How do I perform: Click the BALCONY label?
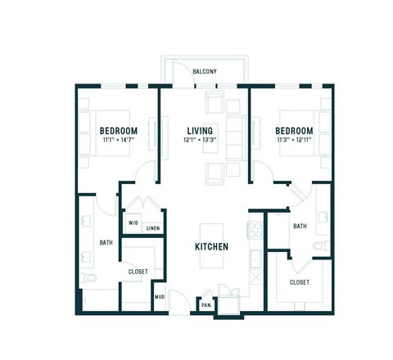205,72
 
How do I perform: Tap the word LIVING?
201,131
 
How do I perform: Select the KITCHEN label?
210,246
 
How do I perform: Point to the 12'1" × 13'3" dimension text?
201,141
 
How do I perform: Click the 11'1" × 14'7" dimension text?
118,141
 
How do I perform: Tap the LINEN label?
152,228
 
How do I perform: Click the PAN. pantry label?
206,305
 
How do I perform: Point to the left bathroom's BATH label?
106,242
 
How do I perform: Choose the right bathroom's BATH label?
300,227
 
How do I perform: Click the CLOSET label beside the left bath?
138,272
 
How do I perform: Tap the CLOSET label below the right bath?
299,282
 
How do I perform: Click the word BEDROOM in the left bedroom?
118,131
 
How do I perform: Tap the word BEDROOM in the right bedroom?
294,131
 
